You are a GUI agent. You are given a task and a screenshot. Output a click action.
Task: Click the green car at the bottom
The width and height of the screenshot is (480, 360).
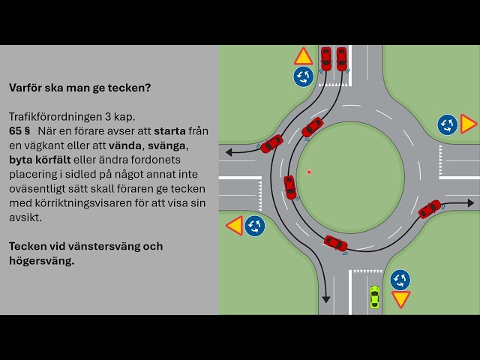(374, 296)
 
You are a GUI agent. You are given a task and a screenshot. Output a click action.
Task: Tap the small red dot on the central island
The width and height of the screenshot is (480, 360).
(309, 172)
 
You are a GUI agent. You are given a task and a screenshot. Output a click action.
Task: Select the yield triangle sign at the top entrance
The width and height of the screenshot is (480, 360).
(303, 57)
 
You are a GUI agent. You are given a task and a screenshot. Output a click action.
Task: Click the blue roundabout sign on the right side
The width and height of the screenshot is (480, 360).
(448, 124)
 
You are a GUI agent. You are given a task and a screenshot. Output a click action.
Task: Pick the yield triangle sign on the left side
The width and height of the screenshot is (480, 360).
(234, 225)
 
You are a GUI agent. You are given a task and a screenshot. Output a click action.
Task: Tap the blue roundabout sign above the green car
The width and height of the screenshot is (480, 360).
(400, 280)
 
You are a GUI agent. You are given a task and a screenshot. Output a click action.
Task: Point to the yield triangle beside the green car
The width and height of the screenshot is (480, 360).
(401, 299)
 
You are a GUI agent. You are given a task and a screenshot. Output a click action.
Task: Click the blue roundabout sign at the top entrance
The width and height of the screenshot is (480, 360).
(303, 76)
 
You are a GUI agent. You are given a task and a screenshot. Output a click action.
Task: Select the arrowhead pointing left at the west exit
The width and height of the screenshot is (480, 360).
(228, 151)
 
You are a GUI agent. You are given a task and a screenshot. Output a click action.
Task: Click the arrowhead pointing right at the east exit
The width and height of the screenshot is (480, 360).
(470, 202)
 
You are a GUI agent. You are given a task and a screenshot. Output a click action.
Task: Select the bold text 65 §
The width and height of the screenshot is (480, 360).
(19, 130)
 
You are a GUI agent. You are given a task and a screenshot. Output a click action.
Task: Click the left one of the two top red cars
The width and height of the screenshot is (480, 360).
(325, 58)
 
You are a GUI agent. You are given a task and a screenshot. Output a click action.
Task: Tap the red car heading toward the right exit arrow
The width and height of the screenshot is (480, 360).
(430, 208)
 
